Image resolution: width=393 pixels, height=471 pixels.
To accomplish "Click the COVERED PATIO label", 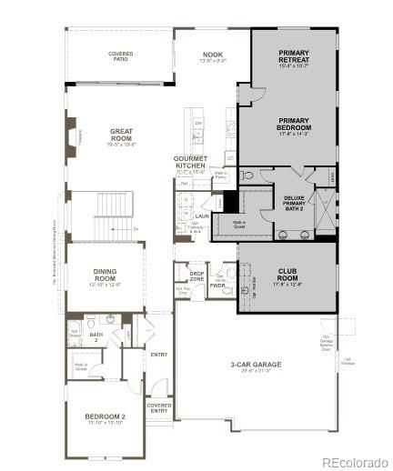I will [x=121, y=57].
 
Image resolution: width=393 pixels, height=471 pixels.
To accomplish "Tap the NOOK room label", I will [x=211, y=57].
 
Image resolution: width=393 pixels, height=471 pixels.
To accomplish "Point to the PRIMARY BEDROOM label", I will [x=294, y=126].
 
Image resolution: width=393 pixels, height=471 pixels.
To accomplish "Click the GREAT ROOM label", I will [x=121, y=136].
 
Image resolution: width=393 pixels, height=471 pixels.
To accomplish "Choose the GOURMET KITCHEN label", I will [x=191, y=164].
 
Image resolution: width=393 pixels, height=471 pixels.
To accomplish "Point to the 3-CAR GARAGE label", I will [x=255, y=366].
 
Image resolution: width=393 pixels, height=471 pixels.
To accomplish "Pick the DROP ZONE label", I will [x=196, y=276].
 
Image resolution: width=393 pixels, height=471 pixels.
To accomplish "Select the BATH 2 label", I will [x=96, y=336].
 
